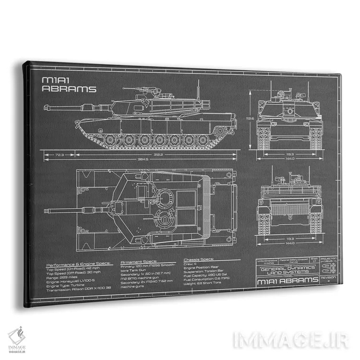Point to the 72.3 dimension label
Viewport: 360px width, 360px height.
click(x=60, y=155)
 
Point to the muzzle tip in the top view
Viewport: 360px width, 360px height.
click(x=45, y=210)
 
